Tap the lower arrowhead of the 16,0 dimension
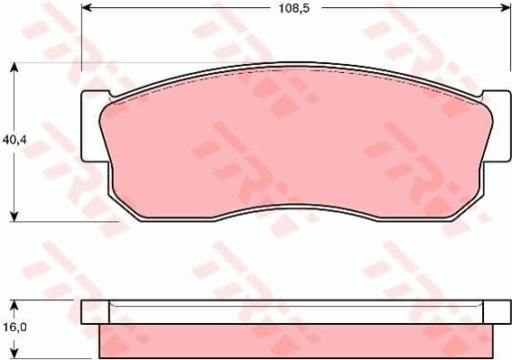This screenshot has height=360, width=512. (14, 353)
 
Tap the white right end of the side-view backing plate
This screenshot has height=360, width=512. (491, 311)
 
